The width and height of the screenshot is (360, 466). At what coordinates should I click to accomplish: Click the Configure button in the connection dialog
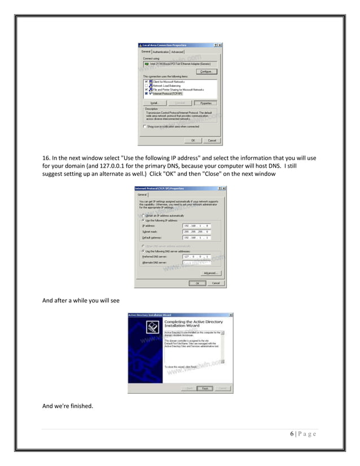(206, 72)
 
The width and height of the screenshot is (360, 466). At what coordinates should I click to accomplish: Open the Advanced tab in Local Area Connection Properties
(177, 52)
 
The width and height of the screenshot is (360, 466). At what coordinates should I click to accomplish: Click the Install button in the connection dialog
(153, 103)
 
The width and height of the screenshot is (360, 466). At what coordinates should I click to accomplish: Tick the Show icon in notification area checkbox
(144, 126)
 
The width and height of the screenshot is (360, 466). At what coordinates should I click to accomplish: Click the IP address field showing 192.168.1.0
(196, 226)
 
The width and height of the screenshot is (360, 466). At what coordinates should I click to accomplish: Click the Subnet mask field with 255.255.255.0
(196, 232)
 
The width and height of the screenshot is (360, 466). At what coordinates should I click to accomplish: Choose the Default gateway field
(196, 238)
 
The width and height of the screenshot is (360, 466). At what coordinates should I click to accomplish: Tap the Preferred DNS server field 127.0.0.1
(196, 257)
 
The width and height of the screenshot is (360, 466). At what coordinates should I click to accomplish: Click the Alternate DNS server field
(196, 263)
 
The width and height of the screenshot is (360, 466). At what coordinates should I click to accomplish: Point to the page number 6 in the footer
(292, 434)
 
